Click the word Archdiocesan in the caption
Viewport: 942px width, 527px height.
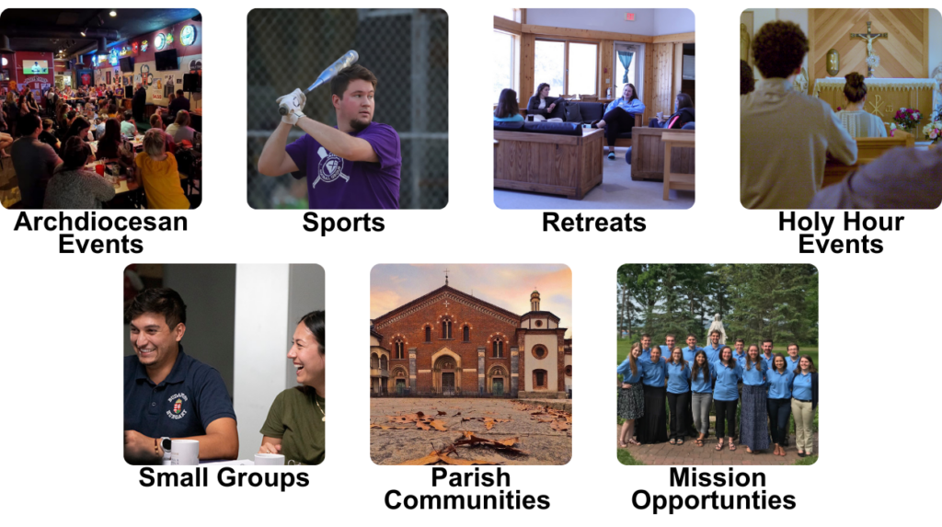coord(101,222)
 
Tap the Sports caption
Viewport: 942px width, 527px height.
coord(344,223)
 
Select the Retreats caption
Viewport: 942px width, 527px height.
coord(594,223)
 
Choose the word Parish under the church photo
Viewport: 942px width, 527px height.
coord(471,477)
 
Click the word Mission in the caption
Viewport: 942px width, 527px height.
coord(718,477)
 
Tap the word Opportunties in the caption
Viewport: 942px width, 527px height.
coord(714,500)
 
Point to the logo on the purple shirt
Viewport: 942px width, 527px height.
coord(329,167)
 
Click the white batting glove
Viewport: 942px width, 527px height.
coord(293,105)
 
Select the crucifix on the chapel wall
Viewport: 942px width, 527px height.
coord(868,40)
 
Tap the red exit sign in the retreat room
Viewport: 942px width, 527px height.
coord(629,16)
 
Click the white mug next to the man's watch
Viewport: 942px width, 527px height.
coord(185,452)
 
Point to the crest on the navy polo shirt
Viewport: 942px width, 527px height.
coord(178,407)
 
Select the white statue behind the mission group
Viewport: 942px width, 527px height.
coord(716,329)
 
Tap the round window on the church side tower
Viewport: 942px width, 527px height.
coord(539,351)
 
